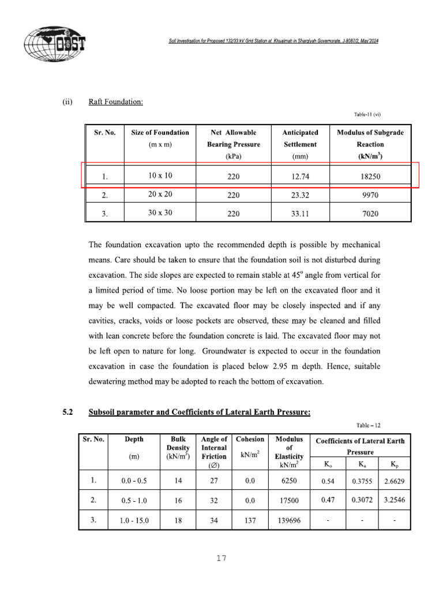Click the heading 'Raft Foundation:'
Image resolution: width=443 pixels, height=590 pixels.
click(x=115, y=102)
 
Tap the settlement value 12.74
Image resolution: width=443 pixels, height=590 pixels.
click(x=300, y=176)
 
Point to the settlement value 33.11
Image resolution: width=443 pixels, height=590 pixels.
click(x=300, y=214)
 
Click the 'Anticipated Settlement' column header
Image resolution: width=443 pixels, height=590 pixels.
click(x=300, y=144)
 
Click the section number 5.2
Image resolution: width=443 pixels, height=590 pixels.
click(x=68, y=412)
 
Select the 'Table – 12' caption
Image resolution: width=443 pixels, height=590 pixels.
click(x=368, y=426)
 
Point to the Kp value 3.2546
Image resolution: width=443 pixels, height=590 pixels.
click(x=394, y=500)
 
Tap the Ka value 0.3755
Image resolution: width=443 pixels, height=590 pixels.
click(x=362, y=479)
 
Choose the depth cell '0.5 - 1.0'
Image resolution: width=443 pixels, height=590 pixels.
click(x=134, y=500)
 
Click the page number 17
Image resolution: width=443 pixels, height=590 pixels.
click(x=221, y=558)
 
